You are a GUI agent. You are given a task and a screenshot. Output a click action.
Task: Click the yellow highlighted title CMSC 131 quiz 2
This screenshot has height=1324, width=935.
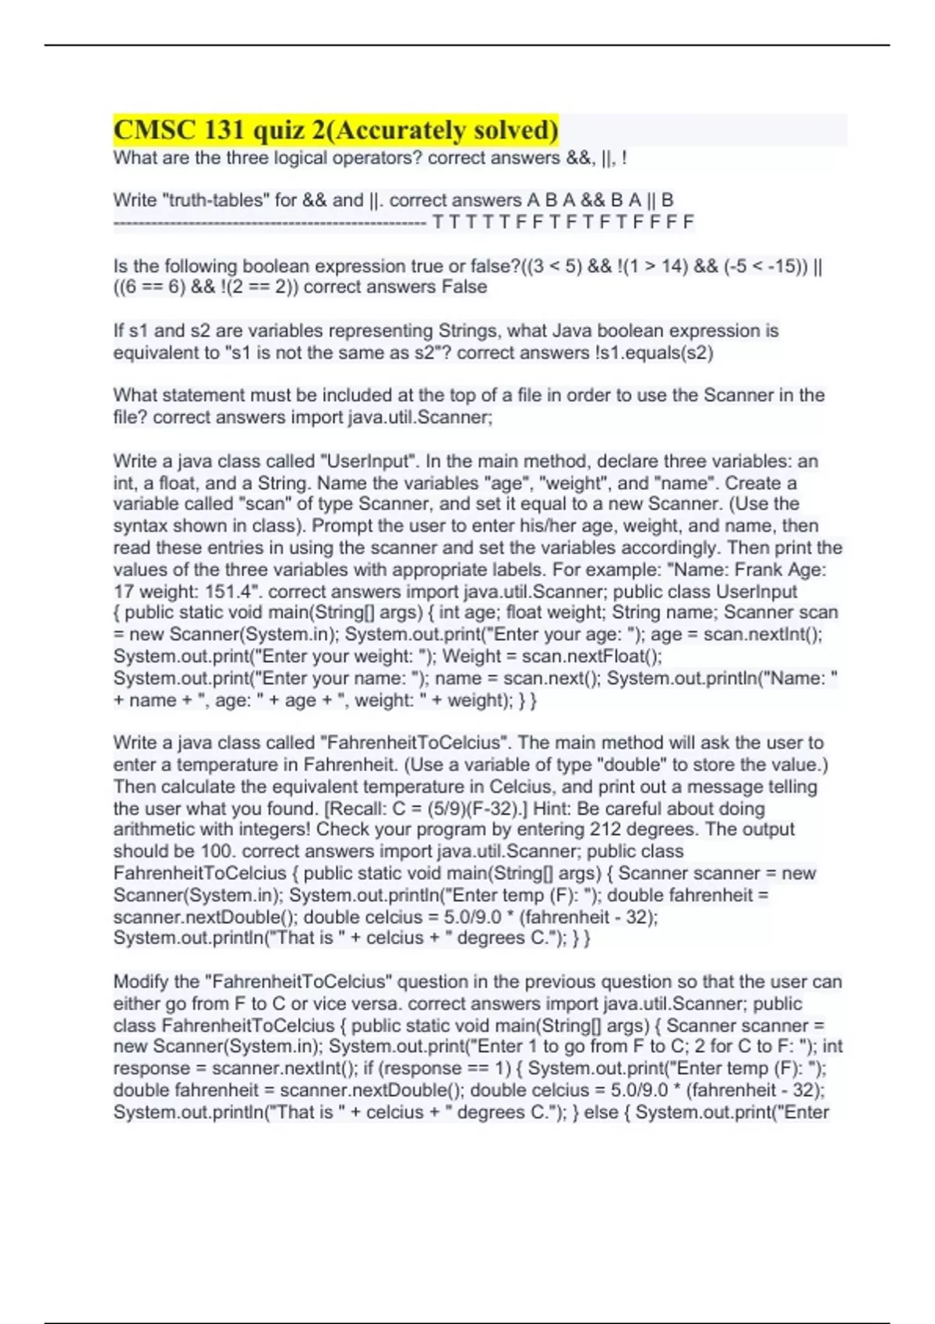336,130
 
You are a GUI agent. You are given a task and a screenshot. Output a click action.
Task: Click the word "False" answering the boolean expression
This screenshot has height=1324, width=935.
464,287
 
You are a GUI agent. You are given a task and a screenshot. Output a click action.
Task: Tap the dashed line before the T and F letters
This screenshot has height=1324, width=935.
270,224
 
